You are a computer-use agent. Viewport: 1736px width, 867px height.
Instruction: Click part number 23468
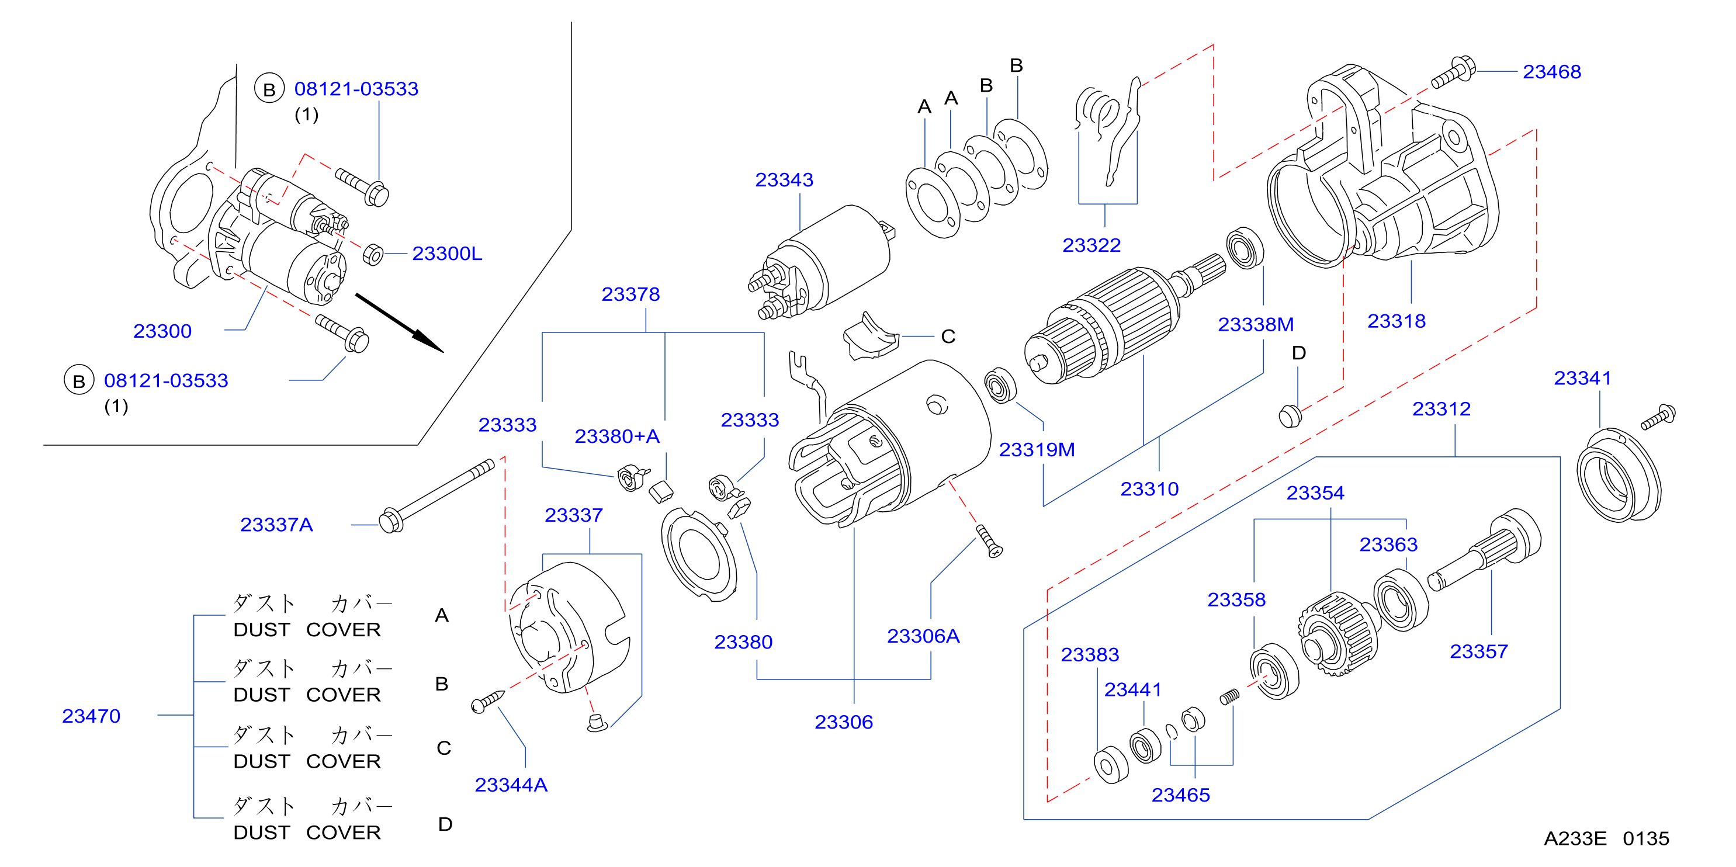pos(1551,71)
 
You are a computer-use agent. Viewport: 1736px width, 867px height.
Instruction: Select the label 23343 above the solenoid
pos(784,180)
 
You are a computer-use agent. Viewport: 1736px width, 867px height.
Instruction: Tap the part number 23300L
pos(447,254)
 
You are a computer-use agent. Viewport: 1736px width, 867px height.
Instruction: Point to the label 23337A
pos(276,524)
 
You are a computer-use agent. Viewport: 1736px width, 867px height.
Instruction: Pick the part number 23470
pos(91,716)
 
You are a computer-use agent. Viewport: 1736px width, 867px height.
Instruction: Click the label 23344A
pos(511,784)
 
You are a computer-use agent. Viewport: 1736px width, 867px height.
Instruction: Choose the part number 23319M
pos(1037,449)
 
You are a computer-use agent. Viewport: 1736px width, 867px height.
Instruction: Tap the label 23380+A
pos(616,436)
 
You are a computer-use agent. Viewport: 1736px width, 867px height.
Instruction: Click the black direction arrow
pos(400,322)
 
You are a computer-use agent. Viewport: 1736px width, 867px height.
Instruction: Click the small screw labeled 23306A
pos(989,541)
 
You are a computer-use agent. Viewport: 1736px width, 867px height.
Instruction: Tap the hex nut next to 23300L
pos(373,255)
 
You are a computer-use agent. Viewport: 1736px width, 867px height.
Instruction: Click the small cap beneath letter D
pos(1290,415)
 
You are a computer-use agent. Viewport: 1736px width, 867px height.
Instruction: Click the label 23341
pos(1582,378)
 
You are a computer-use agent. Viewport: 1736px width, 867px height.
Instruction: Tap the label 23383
pos(1090,654)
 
